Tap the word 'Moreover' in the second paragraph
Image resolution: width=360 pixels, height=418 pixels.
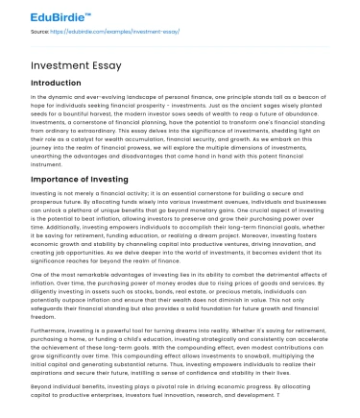click(274, 238)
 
